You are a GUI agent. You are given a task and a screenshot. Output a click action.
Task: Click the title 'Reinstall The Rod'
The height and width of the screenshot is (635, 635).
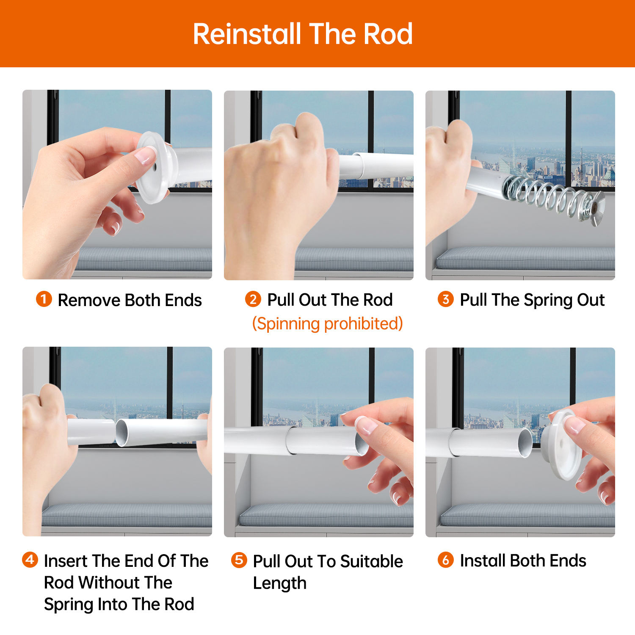[303, 34]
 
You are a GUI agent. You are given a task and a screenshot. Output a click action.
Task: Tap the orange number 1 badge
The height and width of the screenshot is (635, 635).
[44, 299]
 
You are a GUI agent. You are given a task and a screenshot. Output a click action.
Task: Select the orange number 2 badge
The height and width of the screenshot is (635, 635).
[253, 299]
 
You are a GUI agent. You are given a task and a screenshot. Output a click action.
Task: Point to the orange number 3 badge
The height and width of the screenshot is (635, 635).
[445, 299]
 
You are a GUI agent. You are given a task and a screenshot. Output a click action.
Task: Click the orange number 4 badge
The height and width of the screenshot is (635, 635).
[30, 560]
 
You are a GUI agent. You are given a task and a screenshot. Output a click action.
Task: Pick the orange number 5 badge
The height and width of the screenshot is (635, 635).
[239, 560]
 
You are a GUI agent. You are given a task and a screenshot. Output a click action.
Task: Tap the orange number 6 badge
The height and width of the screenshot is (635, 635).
[445, 560]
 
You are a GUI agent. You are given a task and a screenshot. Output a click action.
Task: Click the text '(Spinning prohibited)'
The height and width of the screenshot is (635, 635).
[327, 324]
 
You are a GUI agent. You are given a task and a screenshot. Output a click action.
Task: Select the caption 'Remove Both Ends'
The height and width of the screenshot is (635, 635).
[130, 300]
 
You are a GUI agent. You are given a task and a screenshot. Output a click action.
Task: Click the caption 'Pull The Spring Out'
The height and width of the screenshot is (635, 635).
[532, 300]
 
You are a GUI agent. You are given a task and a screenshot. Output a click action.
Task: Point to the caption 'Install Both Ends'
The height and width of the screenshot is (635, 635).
[523, 560]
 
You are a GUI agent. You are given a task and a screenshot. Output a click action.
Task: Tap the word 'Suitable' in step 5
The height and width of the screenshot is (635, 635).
[371, 561]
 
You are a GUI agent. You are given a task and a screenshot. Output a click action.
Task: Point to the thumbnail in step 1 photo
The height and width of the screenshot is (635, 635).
[145, 156]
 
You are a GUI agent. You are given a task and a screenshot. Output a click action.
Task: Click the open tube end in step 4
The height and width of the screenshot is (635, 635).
[121, 433]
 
